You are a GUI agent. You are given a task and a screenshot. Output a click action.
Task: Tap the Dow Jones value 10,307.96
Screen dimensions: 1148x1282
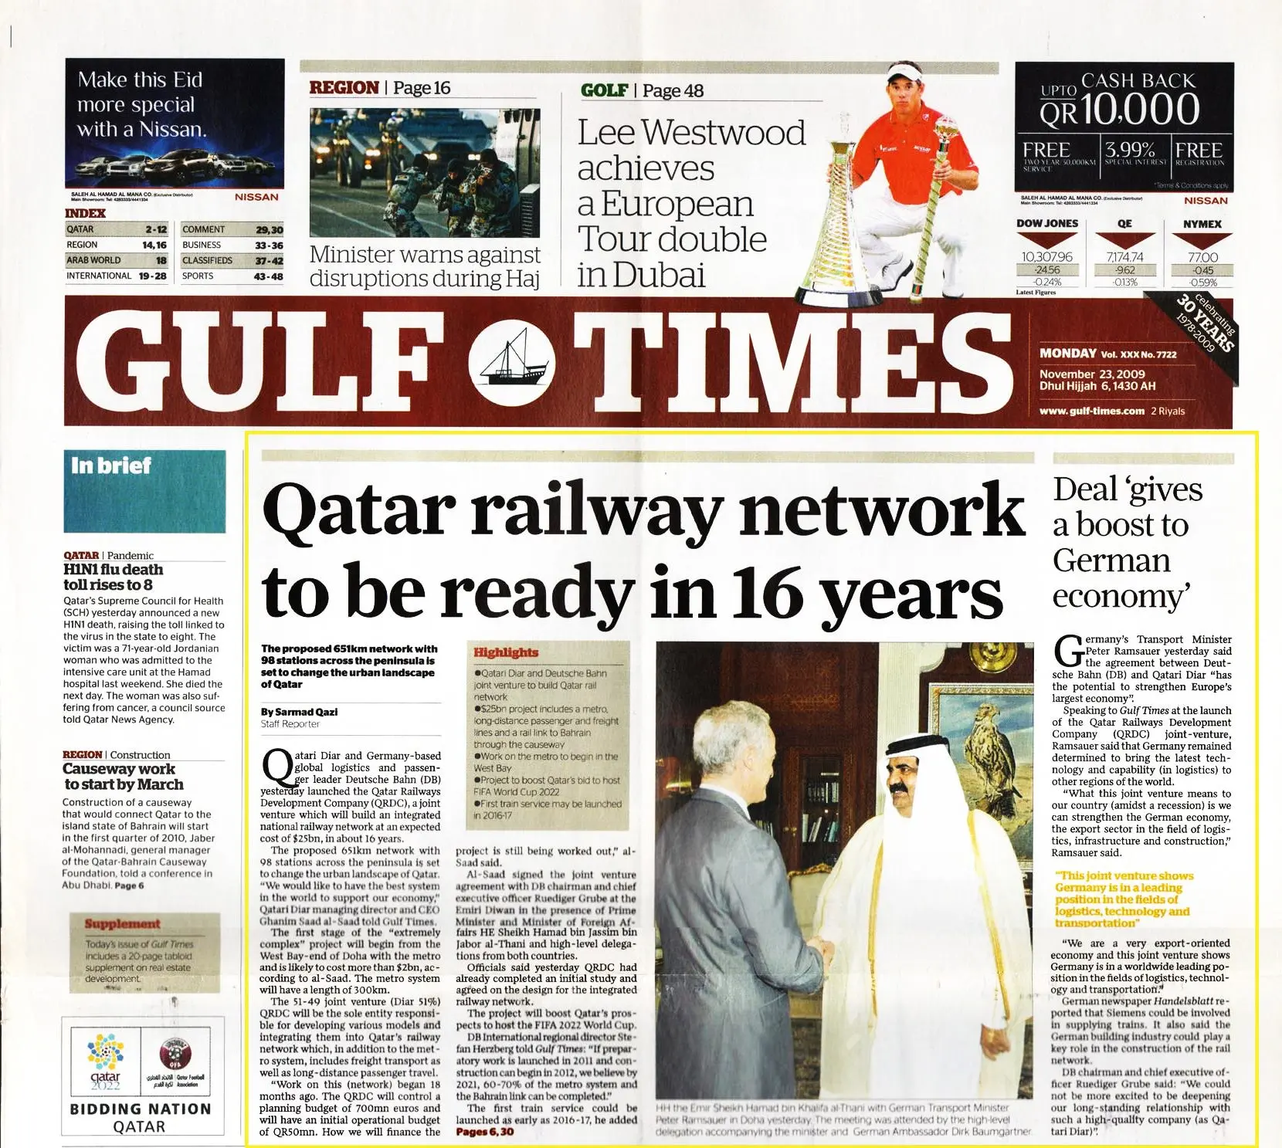1046,257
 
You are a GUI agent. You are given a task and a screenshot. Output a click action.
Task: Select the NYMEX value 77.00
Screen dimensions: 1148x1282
1202,257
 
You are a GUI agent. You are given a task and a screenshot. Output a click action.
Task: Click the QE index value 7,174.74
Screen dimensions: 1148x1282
1124,257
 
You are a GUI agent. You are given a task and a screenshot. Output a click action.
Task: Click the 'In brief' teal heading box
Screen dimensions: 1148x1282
144,491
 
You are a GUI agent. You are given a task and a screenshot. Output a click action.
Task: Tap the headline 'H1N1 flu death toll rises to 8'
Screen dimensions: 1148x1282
114,577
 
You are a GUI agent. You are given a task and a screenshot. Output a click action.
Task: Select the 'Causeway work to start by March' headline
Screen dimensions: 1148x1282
123,777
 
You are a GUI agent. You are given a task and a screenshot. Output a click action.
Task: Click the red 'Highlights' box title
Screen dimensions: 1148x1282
506,652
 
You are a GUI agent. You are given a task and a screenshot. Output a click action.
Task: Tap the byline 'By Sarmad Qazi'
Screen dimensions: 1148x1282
299,712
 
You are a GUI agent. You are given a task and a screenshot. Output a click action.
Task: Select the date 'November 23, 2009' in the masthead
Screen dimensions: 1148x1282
1092,374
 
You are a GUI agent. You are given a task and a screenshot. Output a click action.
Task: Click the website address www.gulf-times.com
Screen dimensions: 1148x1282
1091,411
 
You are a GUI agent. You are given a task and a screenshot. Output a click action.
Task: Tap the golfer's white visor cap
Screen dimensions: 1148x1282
904,76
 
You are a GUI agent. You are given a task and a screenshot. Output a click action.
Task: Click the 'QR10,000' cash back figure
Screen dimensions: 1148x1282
1119,110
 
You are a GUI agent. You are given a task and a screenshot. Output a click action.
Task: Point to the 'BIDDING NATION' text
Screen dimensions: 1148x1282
140,1109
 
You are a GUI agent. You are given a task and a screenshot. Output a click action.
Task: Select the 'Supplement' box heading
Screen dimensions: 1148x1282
122,924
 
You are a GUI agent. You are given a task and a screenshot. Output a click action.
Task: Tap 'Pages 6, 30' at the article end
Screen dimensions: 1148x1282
484,1132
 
